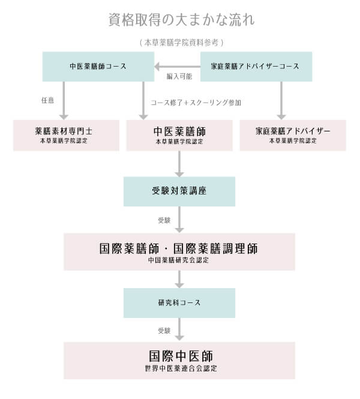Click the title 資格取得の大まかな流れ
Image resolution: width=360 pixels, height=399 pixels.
click(181, 20)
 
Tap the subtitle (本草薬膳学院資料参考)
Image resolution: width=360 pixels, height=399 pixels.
click(181, 43)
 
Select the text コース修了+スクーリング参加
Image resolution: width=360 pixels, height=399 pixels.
click(196, 103)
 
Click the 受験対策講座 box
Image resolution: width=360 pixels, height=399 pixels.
click(179, 191)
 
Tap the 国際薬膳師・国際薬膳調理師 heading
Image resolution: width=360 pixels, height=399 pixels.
click(179, 248)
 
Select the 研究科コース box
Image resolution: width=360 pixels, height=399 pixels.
click(179, 303)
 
